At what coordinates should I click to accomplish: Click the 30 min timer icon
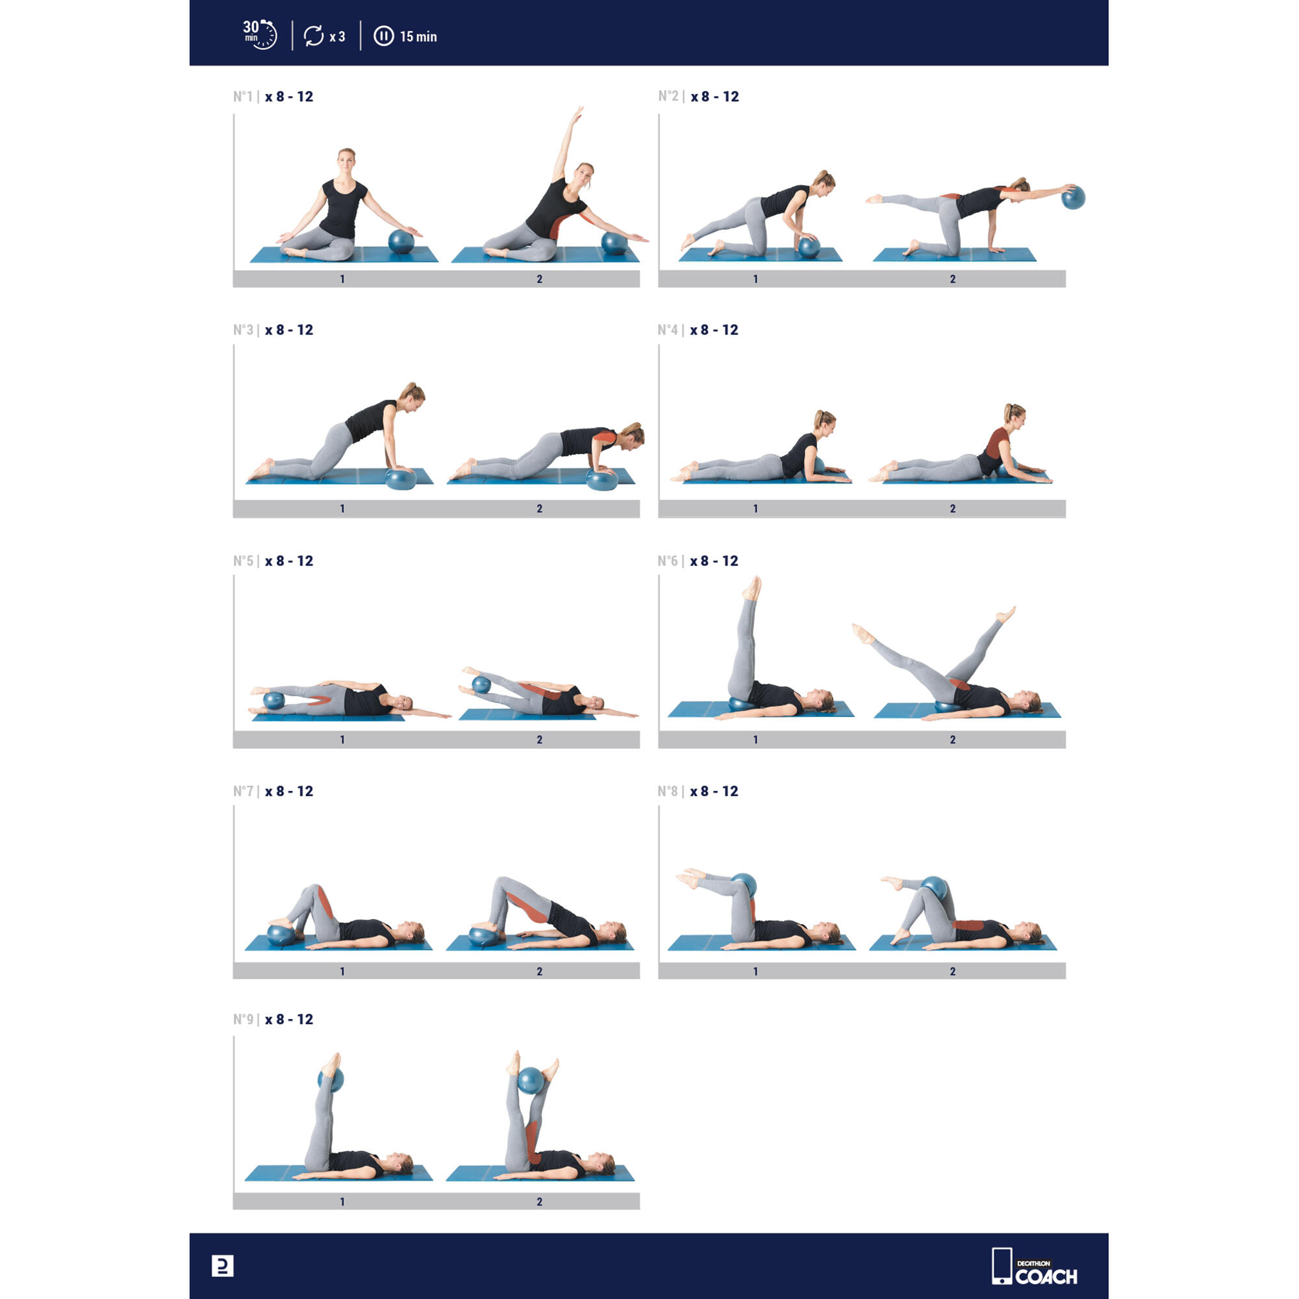[260, 34]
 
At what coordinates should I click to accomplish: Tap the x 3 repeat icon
[324, 36]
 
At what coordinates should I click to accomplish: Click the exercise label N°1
[243, 97]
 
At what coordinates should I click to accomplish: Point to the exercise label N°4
[668, 330]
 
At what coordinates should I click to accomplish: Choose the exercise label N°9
[243, 1019]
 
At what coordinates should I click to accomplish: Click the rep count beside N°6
[714, 561]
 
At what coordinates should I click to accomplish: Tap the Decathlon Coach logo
[1035, 1266]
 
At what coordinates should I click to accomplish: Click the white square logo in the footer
[223, 1266]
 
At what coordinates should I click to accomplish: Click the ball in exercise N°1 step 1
[401, 242]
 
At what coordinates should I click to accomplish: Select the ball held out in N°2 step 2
[1073, 197]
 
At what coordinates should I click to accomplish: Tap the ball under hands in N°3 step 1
[401, 479]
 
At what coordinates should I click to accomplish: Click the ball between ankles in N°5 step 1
[273, 701]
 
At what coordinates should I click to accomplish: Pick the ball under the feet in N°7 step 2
[484, 937]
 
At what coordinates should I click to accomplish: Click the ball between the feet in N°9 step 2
[531, 1081]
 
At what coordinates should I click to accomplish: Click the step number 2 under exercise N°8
[953, 971]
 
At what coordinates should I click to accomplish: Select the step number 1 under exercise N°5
[342, 740]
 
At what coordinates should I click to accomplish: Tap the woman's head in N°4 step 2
[1015, 415]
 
